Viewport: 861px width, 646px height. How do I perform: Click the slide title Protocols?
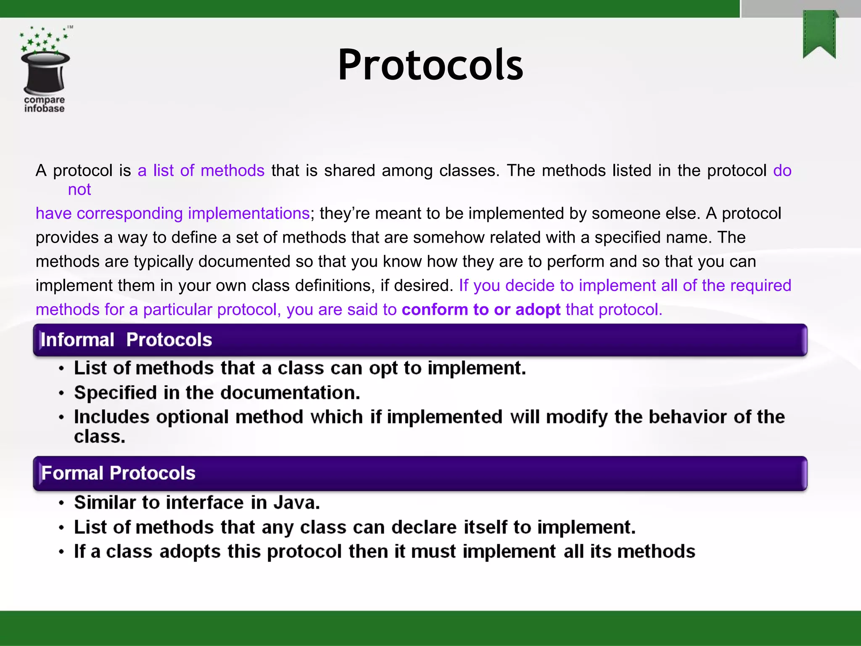click(x=430, y=65)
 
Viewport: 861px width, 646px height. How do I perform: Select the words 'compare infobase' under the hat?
click(x=44, y=104)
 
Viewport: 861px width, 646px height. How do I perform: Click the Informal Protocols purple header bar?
click(x=420, y=340)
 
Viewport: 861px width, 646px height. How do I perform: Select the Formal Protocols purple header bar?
click(x=420, y=473)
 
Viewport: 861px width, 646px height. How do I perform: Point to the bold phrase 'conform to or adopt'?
click(x=481, y=310)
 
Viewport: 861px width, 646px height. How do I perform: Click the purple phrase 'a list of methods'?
click(x=201, y=171)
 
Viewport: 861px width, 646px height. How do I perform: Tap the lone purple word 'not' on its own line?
click(x=79, y=190)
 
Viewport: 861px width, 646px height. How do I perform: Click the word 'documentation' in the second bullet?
click(x=290, y=393)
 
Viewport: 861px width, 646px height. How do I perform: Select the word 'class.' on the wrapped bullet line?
click(x=100, y=437)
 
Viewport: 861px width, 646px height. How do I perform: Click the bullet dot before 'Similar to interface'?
click(x=62, y=503)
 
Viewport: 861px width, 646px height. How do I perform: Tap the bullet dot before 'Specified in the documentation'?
click(x=62, y=394)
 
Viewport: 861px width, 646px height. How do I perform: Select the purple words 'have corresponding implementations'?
click(x=172, y=214)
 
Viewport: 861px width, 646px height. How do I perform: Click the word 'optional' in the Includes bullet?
click(x=192, y=417)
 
